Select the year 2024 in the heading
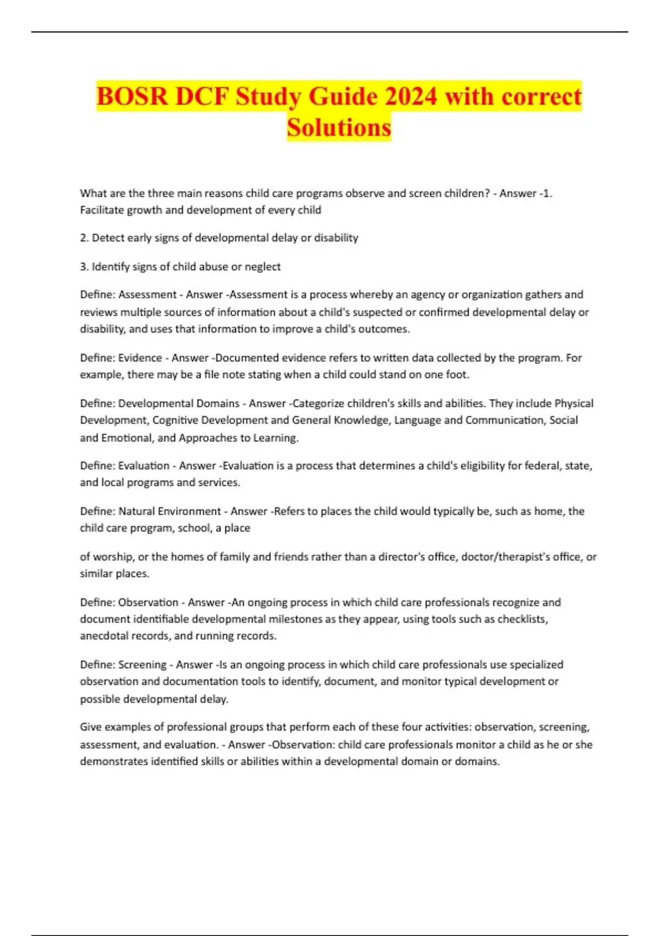click(x=411, y=97)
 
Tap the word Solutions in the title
click(x=339, y=128)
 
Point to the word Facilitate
click(x=102, y=210)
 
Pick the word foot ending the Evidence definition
click(x=458, y=375)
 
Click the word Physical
click(x=574, y=404)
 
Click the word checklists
click(x=522, y=619)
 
